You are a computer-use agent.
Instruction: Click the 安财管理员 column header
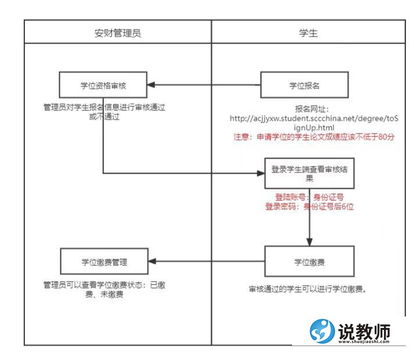(117, 33)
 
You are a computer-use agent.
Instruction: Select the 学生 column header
(307, 33)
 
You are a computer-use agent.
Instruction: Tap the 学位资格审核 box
(103, 85)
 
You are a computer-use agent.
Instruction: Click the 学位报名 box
(304, 85)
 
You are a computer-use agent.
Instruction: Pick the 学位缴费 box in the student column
(308, 262)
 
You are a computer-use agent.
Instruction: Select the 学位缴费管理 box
(103, 262)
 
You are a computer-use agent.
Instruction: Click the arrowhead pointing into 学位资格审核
(150, 85)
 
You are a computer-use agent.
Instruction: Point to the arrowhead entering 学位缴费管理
(150, 262)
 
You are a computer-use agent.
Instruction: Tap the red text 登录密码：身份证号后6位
(308, 206)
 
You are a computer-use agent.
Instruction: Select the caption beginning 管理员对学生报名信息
(105, 112)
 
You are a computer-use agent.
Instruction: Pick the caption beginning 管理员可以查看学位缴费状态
(105, 289)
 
